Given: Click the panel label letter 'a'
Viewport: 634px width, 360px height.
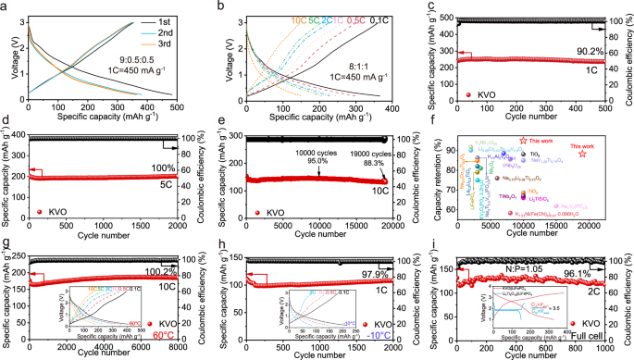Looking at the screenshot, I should pos(6,6).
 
